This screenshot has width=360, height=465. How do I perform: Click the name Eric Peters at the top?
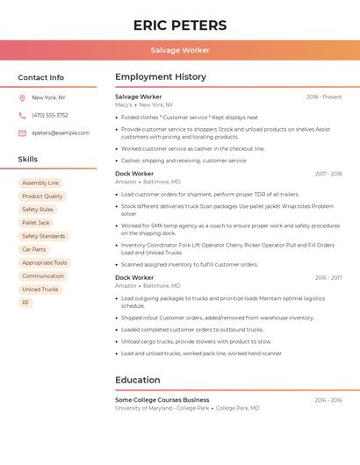pos(180,25)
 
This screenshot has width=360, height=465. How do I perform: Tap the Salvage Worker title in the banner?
pos(180,51)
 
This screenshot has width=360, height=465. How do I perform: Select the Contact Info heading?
pos(41,77)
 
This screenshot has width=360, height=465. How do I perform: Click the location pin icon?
pos(22,98)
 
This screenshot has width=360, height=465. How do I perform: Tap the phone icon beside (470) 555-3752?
pos(22,116)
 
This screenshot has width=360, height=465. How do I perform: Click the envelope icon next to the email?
pos(22,133)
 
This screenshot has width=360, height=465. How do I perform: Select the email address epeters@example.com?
pos(61,133)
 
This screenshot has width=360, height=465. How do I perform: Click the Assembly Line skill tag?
pos(40,183)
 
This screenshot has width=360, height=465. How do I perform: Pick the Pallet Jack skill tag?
pos(36,223)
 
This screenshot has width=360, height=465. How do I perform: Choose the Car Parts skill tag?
pos(33,249)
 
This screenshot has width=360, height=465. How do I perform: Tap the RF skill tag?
pos(25,303)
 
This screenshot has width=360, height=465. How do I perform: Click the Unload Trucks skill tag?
pos(40,290)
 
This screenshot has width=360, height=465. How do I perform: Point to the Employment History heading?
pos(161,77)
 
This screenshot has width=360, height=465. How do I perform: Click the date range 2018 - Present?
pos(324,97)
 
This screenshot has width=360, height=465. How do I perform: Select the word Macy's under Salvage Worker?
pos(124,105)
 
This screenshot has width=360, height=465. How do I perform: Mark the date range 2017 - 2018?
pos(328,174)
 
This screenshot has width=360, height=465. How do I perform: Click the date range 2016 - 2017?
pos(328,278)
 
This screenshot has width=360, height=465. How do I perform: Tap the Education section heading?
pos(137,380)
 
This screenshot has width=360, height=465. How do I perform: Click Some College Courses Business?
pos(162,400)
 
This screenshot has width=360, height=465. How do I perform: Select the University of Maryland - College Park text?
pos(162,408)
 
